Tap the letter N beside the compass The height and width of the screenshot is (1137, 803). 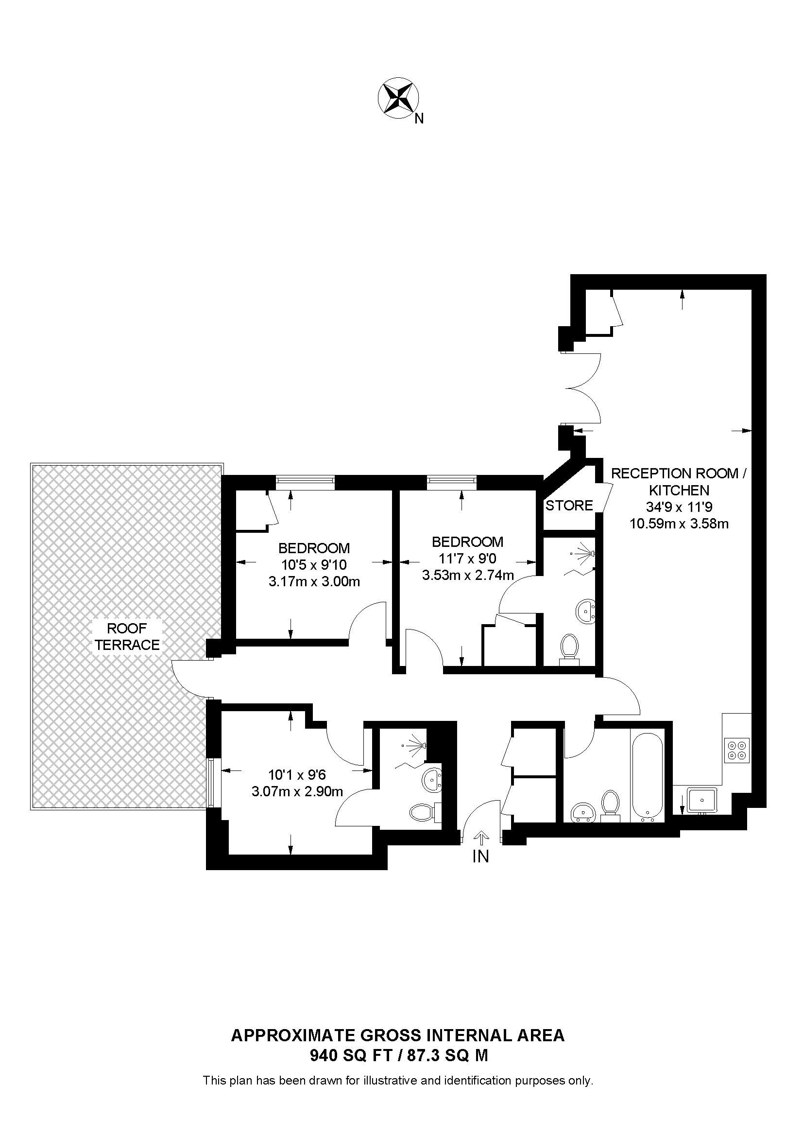point(419,119)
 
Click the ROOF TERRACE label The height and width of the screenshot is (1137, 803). point(127,636)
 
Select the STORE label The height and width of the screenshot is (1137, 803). point(569,506)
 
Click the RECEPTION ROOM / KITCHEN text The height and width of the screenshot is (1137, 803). point(679,481)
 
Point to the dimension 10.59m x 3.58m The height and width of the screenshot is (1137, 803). point(679,524)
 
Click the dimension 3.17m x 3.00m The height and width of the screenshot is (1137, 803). point(314,581)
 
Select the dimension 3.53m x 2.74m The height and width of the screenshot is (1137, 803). point(467,575)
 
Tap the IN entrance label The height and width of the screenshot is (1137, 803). point(480,856)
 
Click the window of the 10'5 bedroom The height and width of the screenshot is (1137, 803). point(305,480)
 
